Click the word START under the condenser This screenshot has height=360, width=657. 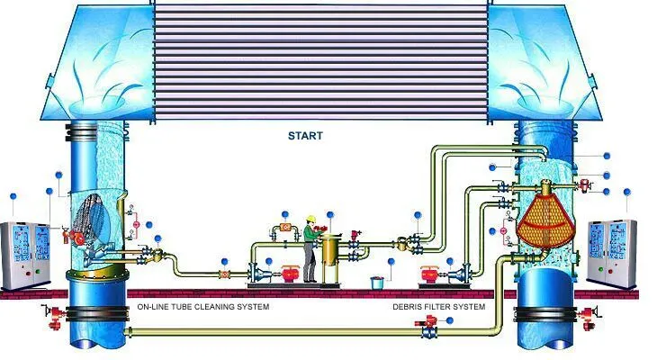[304, 136]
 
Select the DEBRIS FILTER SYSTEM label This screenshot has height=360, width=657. [438, 307]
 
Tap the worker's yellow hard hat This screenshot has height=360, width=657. [310, 218]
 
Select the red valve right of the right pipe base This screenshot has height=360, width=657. [589, 315]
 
